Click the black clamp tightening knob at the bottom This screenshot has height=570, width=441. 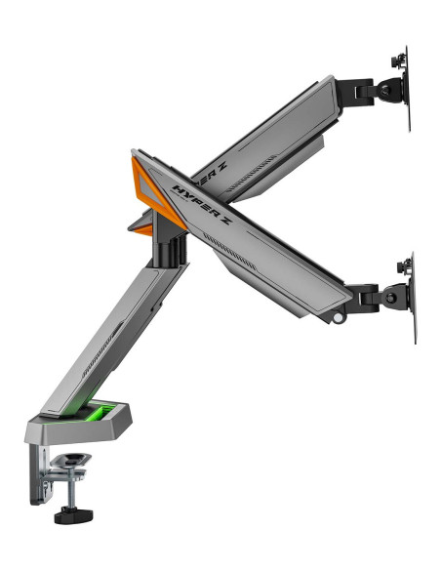click(x=73, y=516)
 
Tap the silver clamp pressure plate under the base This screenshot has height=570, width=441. click(x=70, y=460)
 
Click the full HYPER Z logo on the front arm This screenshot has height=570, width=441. click(x=202, y=204)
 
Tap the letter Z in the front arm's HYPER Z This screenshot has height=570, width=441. click(x=224, y=220)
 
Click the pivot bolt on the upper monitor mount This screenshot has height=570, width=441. click(x=386, y=90)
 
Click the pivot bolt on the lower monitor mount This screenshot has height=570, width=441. click(x=391, y=298)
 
